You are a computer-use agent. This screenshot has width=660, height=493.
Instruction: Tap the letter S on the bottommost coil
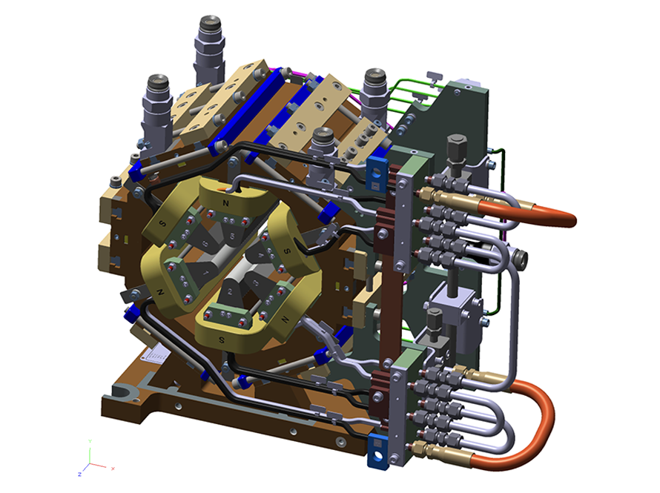point(222,339)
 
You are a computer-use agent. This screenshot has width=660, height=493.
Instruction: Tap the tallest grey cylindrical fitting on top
point(210,44)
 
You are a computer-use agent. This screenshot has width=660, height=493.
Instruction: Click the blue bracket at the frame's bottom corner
point(378,453)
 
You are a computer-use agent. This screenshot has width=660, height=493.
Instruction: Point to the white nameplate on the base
point(159,355)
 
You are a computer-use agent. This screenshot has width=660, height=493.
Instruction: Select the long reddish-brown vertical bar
point(387,297)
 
